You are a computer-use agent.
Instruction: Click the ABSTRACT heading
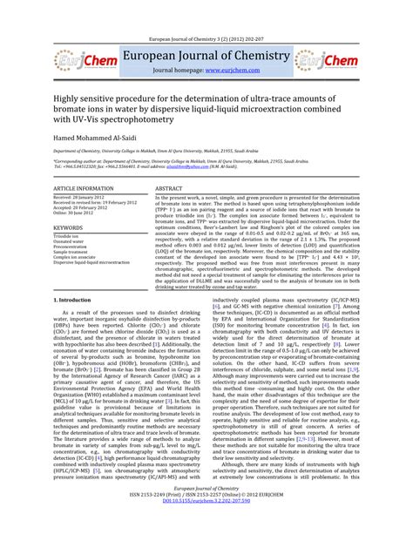(168, 188)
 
